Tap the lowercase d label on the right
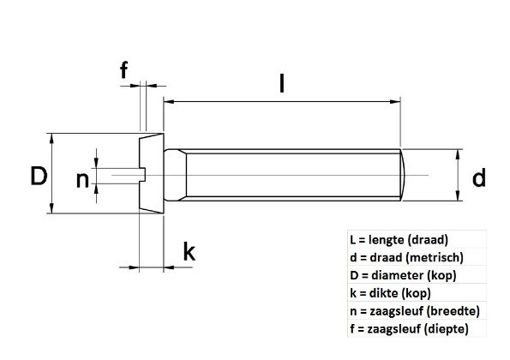[x=478, y=177]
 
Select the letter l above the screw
[x=282, y=83]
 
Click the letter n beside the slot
[x=82, y=179]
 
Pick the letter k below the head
[x=189, y=252]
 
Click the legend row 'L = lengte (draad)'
[x=399, y=240]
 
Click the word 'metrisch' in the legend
[x=435, y=257]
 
